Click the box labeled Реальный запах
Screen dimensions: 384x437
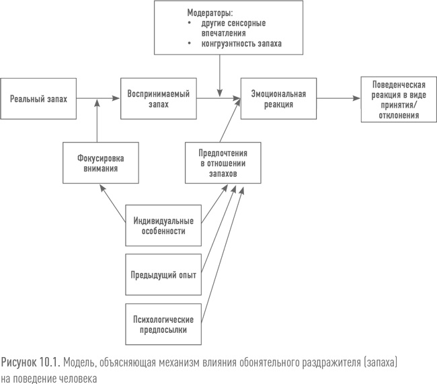coord(38,99)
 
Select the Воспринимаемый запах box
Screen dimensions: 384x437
coord(158,99)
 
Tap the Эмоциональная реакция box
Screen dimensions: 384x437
coord(278,99)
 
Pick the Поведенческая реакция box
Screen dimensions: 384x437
coord(398,99)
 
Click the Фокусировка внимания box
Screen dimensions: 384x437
coord(98,163)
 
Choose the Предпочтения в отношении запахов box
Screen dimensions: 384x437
coord(219,163)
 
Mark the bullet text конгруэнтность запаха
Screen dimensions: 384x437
coord(241,43)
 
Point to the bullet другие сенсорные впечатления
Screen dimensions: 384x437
coord(233,28)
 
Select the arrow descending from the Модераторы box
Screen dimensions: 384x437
coord(220,74)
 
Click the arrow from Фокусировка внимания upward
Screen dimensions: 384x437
coord(98,121)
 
